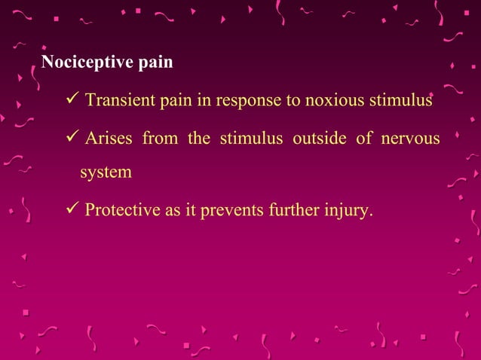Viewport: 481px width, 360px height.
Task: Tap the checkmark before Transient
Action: tap(72, 99)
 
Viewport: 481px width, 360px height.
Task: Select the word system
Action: tap(106, 172)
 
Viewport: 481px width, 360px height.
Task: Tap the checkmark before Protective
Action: tap(72, 209)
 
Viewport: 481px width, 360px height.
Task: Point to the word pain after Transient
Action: tap(176, 100)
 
